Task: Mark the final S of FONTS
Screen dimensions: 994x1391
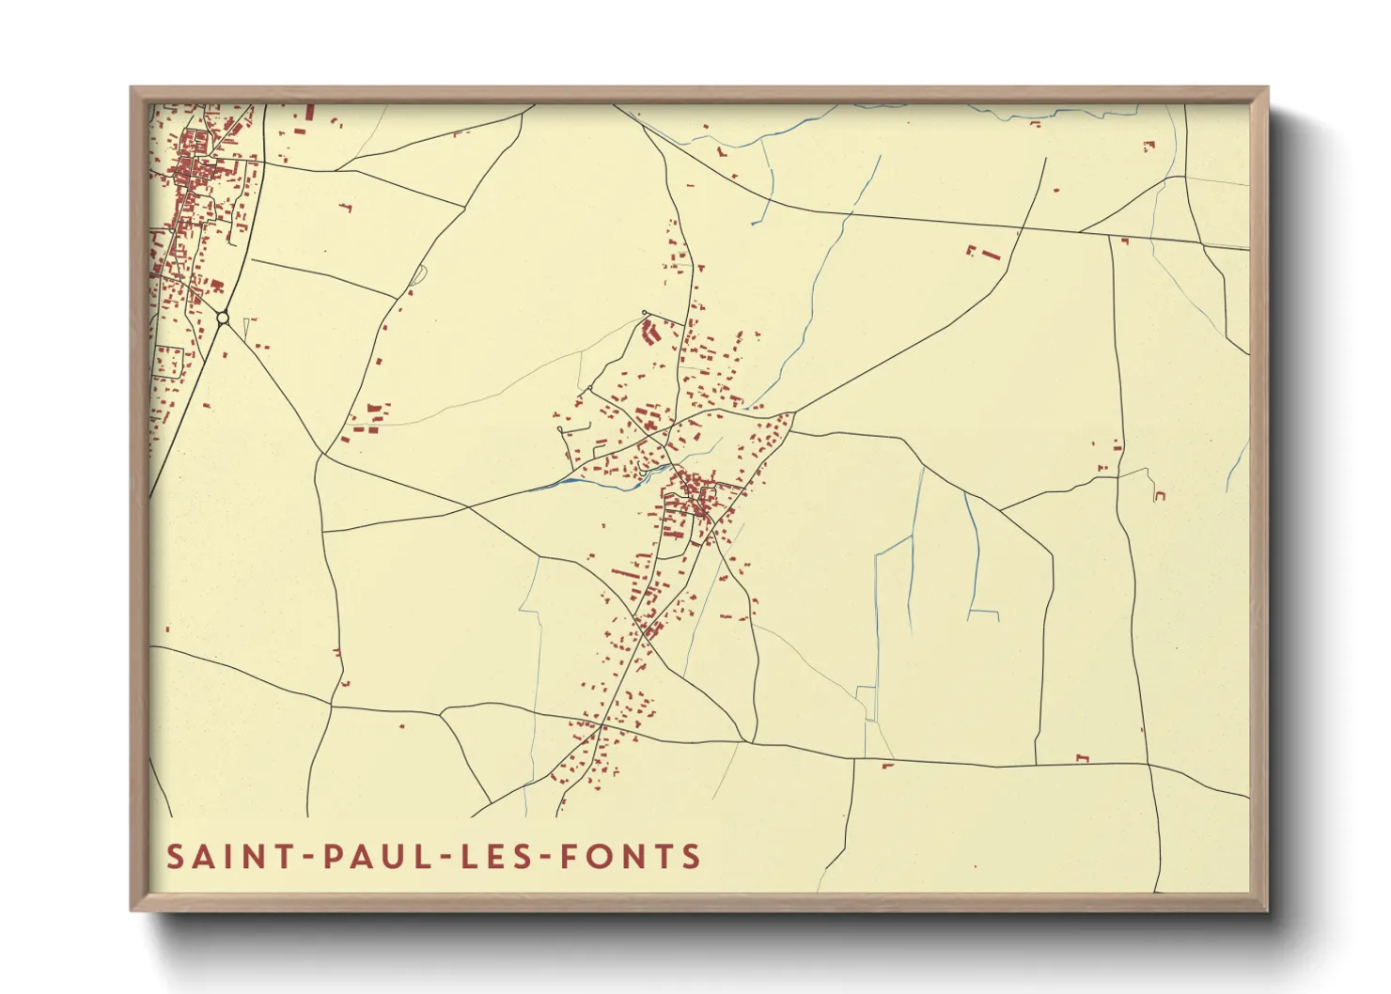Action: [692, 857]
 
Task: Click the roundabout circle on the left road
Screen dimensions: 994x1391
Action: [223, 318]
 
